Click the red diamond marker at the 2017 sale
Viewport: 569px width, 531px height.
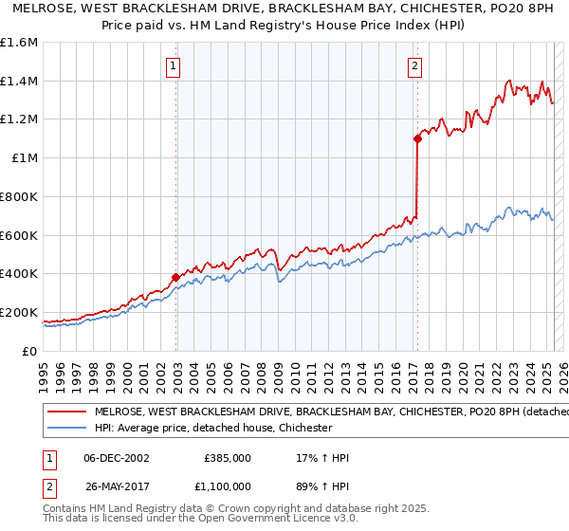click(417, 138)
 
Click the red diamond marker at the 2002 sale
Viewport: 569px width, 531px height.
click(175, 277)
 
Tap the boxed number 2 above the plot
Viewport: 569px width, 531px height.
click(415, 66)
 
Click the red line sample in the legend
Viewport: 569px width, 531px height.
click(66, 412)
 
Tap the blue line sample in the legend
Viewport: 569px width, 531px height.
click(66, 429)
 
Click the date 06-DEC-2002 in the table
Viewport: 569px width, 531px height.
click(117, 458)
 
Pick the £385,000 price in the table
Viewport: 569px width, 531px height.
click(228, 458)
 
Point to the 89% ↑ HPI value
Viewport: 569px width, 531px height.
click(323, 485)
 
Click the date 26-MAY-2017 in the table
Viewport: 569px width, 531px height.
click(117, 485)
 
